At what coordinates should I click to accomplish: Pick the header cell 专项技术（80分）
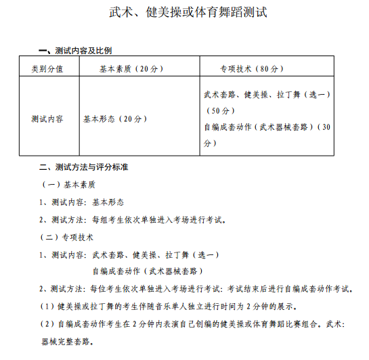253,68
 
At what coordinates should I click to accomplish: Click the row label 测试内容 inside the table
47,118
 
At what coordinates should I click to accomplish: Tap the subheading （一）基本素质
68,184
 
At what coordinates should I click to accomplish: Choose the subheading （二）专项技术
68,237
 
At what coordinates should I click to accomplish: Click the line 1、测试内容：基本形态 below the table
81,202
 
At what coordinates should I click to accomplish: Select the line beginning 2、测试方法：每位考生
196,289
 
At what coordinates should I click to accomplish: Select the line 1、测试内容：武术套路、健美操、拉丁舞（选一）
129,254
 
